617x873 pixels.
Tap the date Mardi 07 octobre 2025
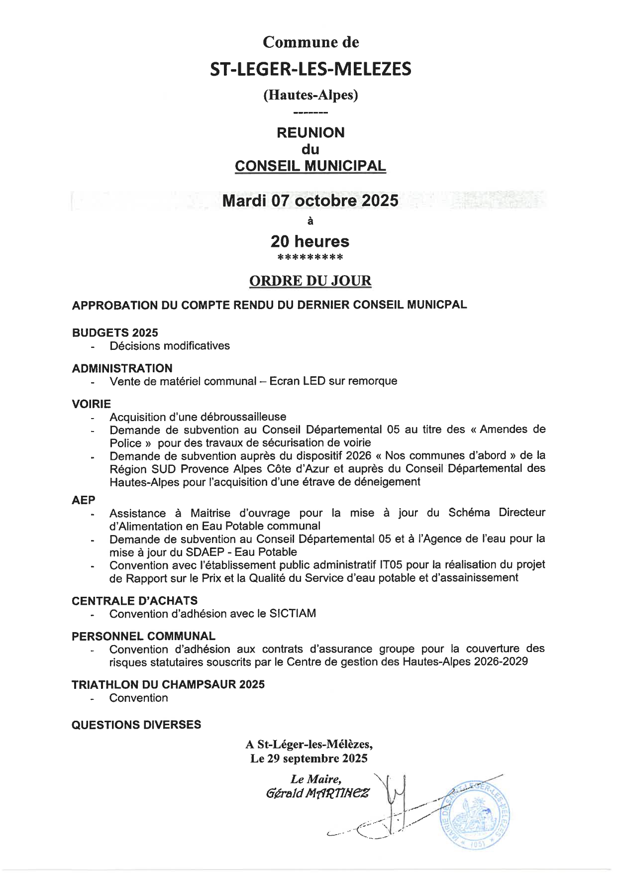310,201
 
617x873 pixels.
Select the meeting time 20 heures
309,241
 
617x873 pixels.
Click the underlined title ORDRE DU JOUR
310,281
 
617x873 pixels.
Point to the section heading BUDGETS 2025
115,332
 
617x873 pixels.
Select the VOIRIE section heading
92,404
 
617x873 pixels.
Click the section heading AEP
84,500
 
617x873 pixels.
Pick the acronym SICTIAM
293,614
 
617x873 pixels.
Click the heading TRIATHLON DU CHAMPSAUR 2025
168,684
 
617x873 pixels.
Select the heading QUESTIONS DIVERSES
136,725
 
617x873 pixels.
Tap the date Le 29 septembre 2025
308,759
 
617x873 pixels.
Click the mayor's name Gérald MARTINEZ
317,793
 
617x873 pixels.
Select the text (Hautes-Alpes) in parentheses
310,95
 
